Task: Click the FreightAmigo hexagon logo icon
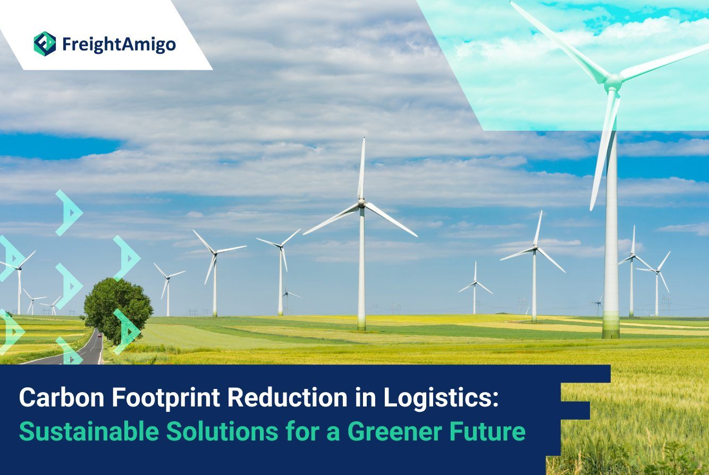[45, 44]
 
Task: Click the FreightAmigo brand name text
[119, 45]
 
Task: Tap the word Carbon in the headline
[62, 397]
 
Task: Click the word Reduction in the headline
[288, 397]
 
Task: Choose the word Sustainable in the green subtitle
[89, 431]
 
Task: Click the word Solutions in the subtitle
[222, 431]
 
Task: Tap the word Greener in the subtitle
[395, 431]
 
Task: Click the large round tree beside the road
[118, 309]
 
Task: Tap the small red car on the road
[100, 335]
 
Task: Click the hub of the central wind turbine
[361, 202]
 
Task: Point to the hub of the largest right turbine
[613, 81]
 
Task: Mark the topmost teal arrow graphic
[69, 213]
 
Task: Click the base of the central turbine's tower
[362, 326]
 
